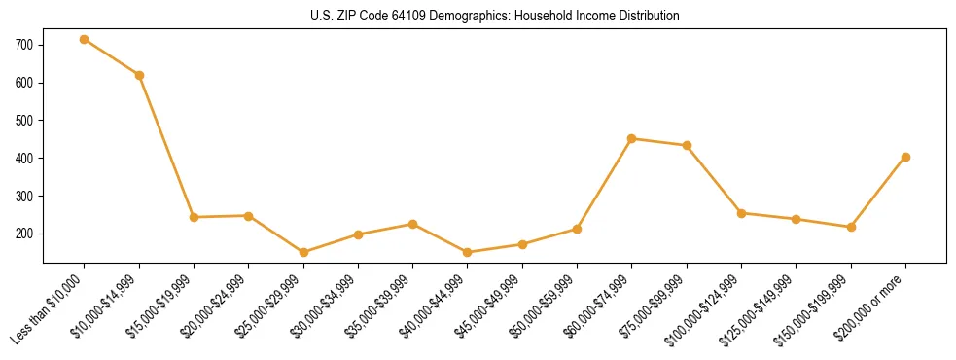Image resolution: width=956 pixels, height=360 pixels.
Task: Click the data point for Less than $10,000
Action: point(85,39)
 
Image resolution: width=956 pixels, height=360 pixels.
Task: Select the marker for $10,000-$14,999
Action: point(139,75)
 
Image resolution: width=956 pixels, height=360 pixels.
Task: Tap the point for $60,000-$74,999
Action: point(632,138)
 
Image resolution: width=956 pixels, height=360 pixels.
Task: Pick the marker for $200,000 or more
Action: point(905,157)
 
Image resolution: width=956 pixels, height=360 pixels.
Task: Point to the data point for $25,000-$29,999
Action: point(303,252)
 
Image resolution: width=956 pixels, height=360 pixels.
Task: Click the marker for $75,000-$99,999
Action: point(687,145)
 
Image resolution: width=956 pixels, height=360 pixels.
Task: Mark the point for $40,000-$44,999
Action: point(468,252)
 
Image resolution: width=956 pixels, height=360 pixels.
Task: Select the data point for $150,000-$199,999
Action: point(851,227)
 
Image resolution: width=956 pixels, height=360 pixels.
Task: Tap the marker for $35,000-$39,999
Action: point(413,224)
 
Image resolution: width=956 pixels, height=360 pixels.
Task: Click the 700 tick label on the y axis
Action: point(25,45)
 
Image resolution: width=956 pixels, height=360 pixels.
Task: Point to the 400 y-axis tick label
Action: point(25,159)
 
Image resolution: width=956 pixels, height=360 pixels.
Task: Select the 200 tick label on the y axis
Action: point(25,234)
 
